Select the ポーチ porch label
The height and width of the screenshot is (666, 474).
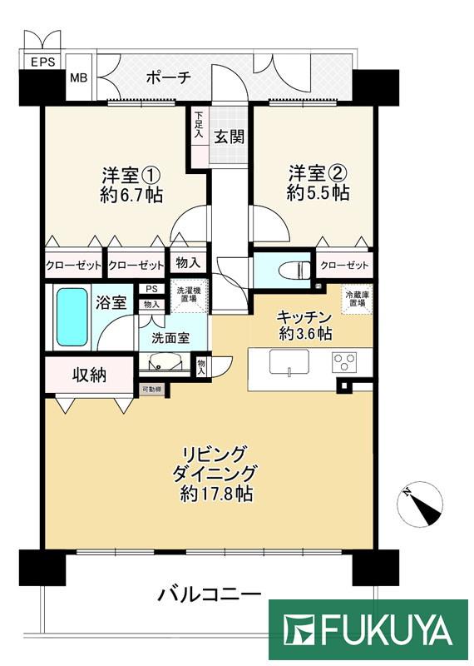[169, 77]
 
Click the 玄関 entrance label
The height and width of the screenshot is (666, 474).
[230, 137]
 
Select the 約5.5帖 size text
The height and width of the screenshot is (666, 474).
[318, 193]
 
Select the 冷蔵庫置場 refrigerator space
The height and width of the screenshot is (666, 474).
[358, 297]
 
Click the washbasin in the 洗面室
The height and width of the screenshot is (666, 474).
[160, 362]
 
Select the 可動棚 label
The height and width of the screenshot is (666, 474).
[151, 389]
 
